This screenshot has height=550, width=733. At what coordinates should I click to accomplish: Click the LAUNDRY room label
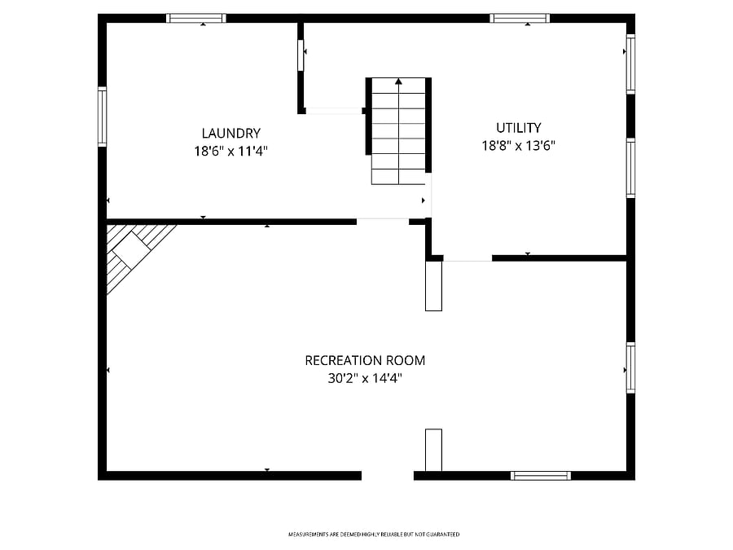[231, 134]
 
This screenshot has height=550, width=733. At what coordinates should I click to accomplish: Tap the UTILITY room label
[519, 128]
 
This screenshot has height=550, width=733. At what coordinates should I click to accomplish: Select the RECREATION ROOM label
[365, 361]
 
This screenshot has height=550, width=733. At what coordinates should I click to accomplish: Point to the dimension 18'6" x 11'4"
[231, 151]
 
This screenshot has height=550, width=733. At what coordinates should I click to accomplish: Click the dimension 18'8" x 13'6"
[519, 146]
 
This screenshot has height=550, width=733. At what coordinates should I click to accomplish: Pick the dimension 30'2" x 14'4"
[365, 378]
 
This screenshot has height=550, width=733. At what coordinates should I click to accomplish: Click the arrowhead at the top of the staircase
[398, 81]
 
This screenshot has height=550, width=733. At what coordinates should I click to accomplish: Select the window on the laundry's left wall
[102, 117]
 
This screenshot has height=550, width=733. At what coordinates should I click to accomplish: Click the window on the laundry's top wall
[196, 18]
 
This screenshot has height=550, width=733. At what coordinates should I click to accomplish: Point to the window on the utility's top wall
[520, 18]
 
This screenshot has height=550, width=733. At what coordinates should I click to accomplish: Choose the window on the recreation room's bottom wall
[541, 476]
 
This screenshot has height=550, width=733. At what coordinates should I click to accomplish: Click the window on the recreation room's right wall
[630, 367]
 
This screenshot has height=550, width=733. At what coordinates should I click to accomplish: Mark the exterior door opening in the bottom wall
[388, 476]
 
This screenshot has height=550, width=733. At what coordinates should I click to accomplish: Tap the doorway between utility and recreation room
[467, 258]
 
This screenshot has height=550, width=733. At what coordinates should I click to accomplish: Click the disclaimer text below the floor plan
[374, 534]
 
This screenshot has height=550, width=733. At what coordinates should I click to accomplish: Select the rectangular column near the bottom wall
[433, 450]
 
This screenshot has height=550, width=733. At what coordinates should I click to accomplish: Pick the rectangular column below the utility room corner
[433, 286]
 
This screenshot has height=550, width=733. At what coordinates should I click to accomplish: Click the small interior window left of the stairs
[301, 55]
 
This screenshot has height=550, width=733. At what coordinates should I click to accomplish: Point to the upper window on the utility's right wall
[630, 64]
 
